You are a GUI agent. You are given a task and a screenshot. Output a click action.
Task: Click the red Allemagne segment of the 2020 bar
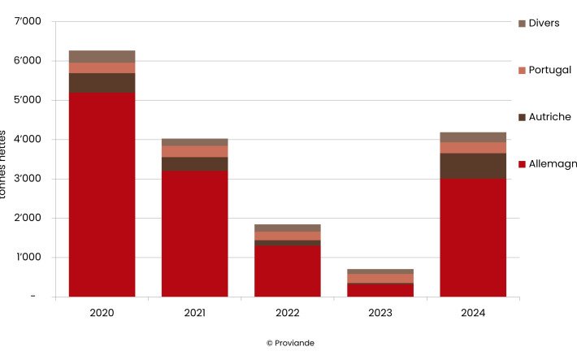point(102,195)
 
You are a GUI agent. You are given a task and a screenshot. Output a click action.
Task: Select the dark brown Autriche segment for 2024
point(473,166)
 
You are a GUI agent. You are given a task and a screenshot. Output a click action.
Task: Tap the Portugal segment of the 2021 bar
point(194,151)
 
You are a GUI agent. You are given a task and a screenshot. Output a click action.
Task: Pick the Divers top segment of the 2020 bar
point(102,56)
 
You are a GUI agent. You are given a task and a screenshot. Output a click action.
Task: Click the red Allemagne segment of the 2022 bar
point(287,271)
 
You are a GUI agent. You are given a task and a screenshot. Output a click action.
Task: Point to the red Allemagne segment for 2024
point(473,237)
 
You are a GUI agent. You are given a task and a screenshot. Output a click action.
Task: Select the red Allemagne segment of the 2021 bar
point(194,233)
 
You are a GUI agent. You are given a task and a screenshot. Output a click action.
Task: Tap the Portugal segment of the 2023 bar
point(380,278)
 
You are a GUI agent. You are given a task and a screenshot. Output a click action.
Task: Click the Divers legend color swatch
point(522,24)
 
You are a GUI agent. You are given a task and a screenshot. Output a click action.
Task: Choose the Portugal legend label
point(549,70)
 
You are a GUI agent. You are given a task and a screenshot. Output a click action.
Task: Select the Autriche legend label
point(549,117)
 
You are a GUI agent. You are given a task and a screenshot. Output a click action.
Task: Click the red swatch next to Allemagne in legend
point(522,164)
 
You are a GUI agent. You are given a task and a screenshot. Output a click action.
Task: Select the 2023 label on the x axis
point(380,313)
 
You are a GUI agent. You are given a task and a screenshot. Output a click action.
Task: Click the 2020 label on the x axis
point(102,313)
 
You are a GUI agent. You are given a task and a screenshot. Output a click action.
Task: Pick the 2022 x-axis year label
point(287,313)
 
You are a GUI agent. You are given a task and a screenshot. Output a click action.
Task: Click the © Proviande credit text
point(290,343)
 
